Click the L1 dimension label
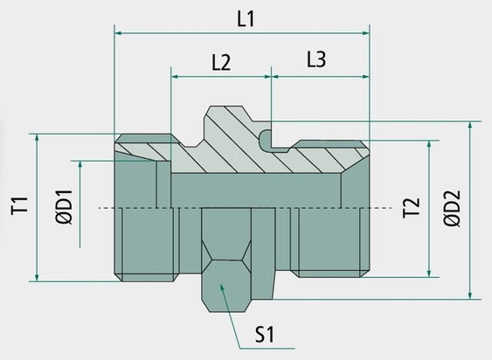click(x=246, y=19)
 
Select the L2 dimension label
click(x=221, y=62)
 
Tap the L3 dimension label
click(x=316, y=59)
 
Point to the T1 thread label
click(x=19, y=205)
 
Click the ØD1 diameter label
click(x=65, y=207)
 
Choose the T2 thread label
click(x=411, y=208)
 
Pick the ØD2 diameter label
click(x=452, y=209)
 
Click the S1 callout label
click(x=265, y=335)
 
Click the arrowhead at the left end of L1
click(x=118, y=33)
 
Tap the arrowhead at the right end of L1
click(x=366, y=33)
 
